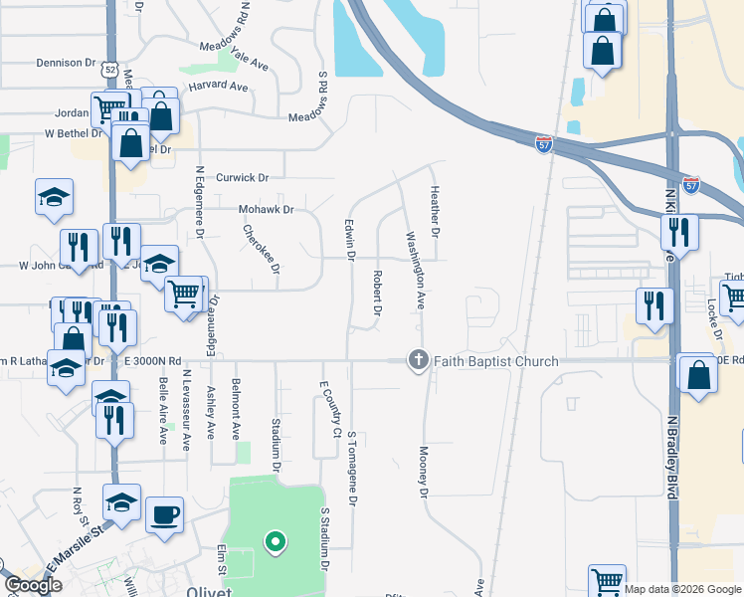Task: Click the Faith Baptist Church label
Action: (x=488, y=362)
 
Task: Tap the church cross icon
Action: (x=419, y=360)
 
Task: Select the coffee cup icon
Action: (x=164, y=515)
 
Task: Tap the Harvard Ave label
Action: (x=218, y=87)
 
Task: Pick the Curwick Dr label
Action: (x=243, y=177)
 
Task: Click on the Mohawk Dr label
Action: (x=267, y=210)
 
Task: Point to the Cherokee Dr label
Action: (x=264, y=248)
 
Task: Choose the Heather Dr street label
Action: (x=435, y=211)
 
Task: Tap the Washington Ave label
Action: (x=414, y=271)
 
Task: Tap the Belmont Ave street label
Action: (x=237, y=414)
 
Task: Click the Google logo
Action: (x=33, y=585)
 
